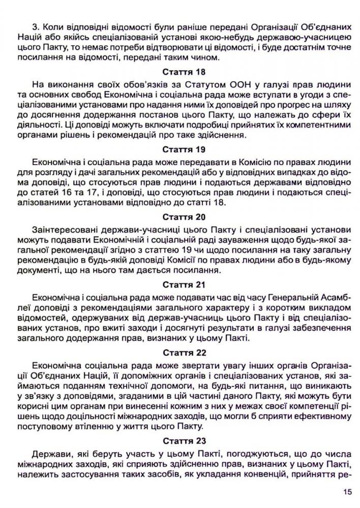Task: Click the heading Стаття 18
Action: [179, 73]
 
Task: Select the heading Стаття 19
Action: [179, 150]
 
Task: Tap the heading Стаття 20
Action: [179, 217]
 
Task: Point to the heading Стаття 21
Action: [179, 284]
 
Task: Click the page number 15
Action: [347, 492]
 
